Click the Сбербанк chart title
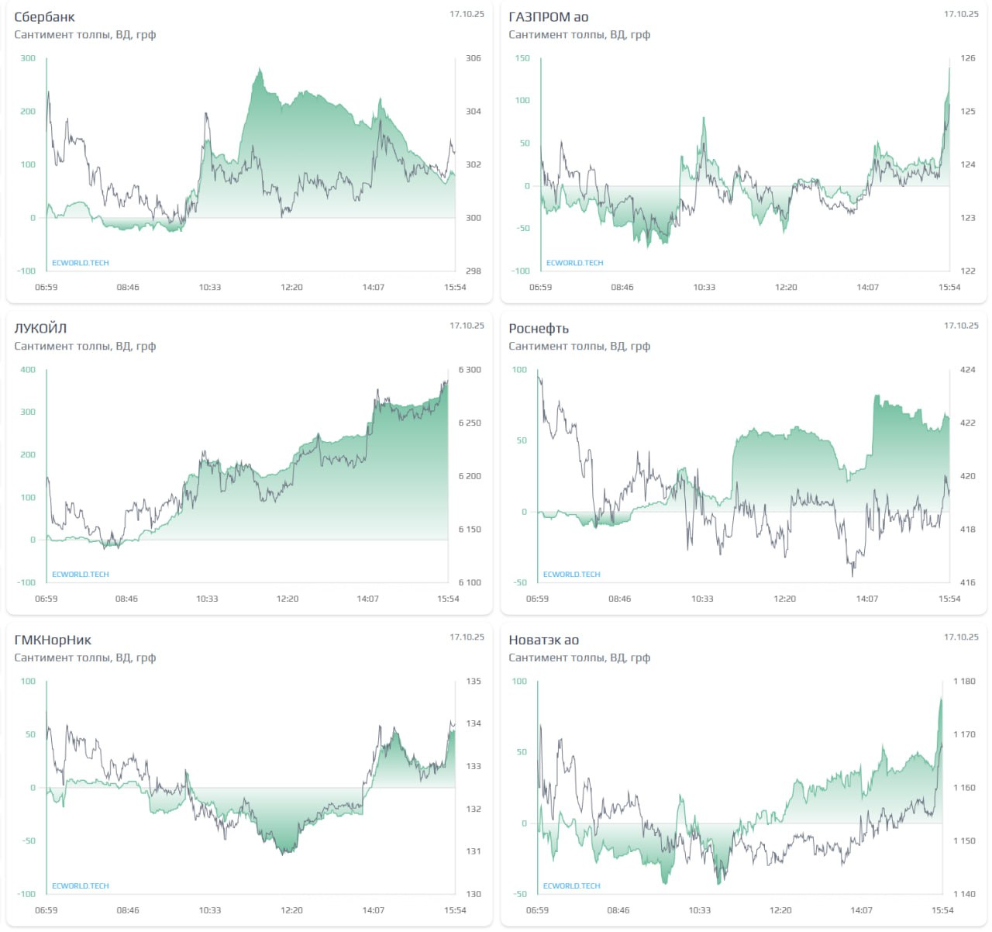pos(44,17)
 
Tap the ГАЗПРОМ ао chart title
pos(548,17)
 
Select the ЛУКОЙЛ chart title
pos(40,329)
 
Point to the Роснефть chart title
pos(539,329)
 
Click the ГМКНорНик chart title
pos(53,640)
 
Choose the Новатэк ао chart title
pos(543,640)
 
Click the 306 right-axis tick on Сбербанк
pos(473,58)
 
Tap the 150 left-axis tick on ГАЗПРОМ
pos(522,58)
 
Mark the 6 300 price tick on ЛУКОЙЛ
pos(469,370)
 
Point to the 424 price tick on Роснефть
pos(967,370)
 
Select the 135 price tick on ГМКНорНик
pos(473,682)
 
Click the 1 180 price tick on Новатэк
pos(964,682)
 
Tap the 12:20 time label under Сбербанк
pos(291,288)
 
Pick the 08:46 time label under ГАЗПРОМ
pos(622,288)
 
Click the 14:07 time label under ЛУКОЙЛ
pos(367,599)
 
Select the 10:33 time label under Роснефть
pos(702,599)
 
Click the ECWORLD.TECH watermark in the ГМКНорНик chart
pos(81,886)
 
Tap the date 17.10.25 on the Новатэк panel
pos(961,637)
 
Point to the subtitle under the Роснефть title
pos(579,347)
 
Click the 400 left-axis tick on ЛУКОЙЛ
pos(28,370)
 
